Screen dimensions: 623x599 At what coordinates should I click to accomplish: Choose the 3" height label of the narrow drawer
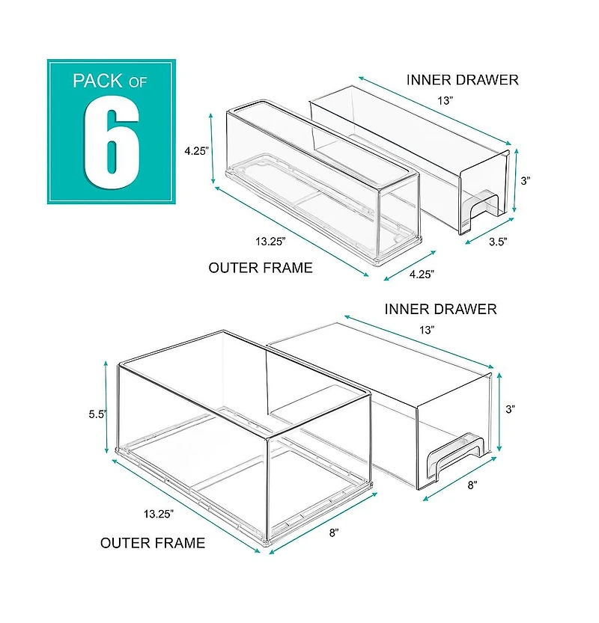click(x=526, y=180)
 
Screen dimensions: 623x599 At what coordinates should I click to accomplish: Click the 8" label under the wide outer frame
click(x=334, y=532)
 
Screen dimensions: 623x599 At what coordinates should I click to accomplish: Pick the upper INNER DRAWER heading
click(x=462, y=79)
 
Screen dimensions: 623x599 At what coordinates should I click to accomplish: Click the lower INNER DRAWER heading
click(x=440, y=308)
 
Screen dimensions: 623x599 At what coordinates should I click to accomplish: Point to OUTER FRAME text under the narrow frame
click(x=260, y=268)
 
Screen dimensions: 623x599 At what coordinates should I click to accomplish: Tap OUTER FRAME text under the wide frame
click(x=153, y=543)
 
